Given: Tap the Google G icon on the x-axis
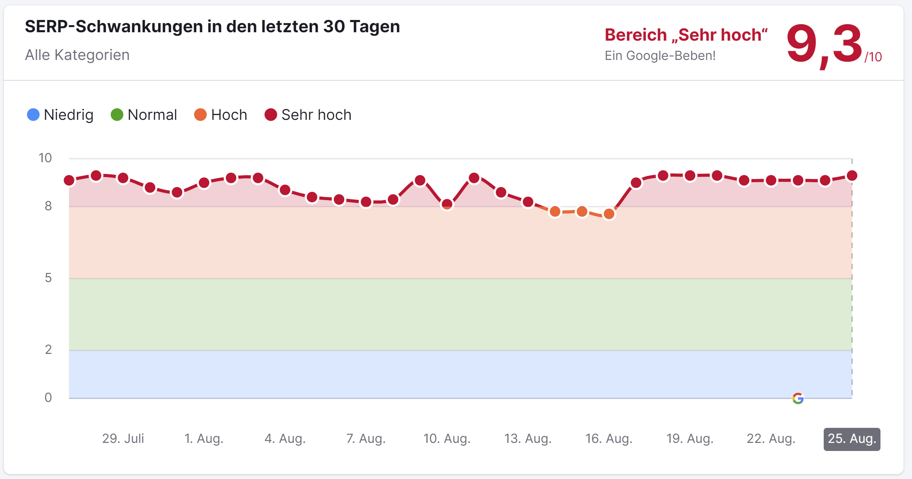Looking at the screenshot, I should click(798, 398).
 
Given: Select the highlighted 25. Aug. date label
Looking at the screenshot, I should click(851, 439).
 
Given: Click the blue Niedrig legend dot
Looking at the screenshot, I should click(33, 115).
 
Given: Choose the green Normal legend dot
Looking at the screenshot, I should click(117, 115).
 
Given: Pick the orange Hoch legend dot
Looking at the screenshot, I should click(200, 115).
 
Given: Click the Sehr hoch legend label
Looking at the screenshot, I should click(316, 115).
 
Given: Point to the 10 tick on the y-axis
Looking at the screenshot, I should click(45, 158).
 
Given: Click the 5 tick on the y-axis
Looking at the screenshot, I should click(48, 278).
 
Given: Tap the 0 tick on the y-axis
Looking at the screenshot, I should click(48, 398).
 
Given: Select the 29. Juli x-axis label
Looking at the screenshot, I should click(123, 439).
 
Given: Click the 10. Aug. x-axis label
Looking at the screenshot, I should click(447, 439).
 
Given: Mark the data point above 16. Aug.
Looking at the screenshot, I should click(609, 214).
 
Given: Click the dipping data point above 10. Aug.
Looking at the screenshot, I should click(447, 204).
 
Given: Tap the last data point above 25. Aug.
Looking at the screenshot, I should click(852, 176).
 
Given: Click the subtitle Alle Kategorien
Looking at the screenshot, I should click(77, 55).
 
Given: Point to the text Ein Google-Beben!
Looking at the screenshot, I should click(660, 56).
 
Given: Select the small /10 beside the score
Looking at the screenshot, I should click(873, 57).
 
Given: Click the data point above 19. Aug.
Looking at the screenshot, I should click(690, 176).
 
